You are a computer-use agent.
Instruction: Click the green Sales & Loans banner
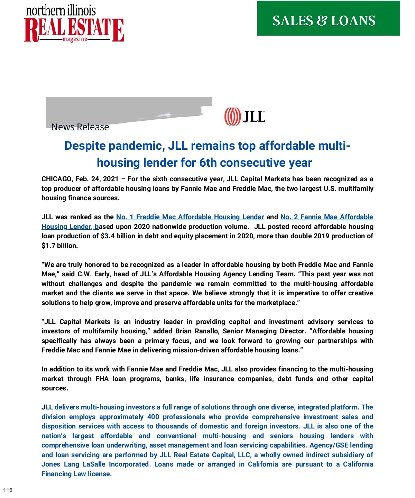(329, 18)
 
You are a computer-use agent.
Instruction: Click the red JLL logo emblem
(232, 117)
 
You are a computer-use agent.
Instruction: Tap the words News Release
(80, 127)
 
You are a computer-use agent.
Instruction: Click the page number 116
(8, 490)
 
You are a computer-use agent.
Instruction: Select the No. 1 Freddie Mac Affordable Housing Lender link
(190, 217)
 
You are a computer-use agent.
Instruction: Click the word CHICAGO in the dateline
(56, 179)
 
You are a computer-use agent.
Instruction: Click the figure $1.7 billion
(59, 246)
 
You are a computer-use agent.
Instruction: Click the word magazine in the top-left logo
(75, 39)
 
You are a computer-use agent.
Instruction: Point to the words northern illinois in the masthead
(61, 10)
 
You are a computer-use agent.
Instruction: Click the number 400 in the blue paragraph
(153, 417)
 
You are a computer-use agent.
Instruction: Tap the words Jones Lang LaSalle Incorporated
(96, 464)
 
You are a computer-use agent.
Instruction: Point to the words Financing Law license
(76, 474)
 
